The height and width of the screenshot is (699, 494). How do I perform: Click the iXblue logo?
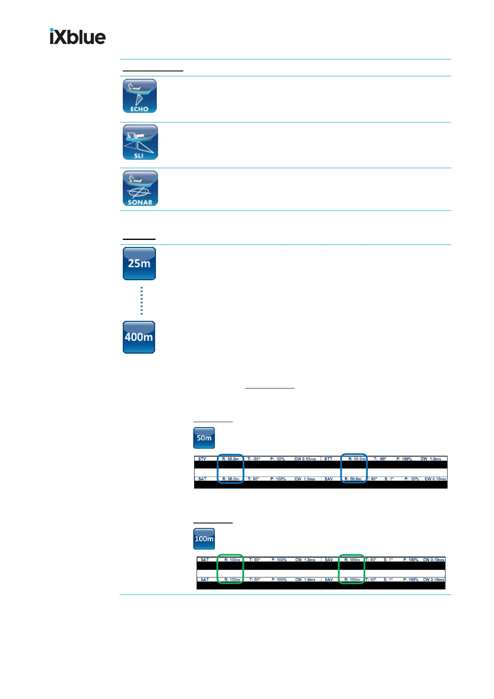tap(78, 37)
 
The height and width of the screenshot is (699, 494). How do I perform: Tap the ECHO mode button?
tap(140, 96)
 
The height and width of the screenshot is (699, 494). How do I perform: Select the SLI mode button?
tap(140, 142)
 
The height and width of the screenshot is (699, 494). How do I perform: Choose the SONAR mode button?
tap(140, 188)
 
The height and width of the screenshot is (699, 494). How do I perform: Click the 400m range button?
tap(139, 337)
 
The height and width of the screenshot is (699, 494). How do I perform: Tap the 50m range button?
tap(204, 438)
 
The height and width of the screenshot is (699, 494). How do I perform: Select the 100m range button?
tap(204, 539)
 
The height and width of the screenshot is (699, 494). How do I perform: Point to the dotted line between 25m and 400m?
tap(141, 301)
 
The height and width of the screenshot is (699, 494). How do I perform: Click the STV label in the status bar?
tap(202, 459)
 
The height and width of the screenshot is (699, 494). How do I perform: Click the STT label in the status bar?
tap(328, 459)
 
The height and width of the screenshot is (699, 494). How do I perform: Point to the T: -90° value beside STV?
tap(254, 459)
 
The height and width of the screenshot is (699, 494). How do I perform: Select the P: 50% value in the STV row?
tap(277, 459)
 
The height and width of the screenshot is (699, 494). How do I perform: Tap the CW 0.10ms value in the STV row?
tap(305, 459)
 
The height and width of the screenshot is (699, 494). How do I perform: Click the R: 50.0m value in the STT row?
tap(357, 459)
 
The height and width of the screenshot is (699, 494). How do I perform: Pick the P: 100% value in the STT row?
tap(404, 459)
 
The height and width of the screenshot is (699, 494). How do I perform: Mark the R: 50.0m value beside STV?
tap(231, 459)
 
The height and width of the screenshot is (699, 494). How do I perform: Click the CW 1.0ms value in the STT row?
tap(431, 459)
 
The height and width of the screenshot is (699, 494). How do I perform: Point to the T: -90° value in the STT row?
tap(380, 459)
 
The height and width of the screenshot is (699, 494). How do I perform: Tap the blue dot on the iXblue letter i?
tap(52, 30)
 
